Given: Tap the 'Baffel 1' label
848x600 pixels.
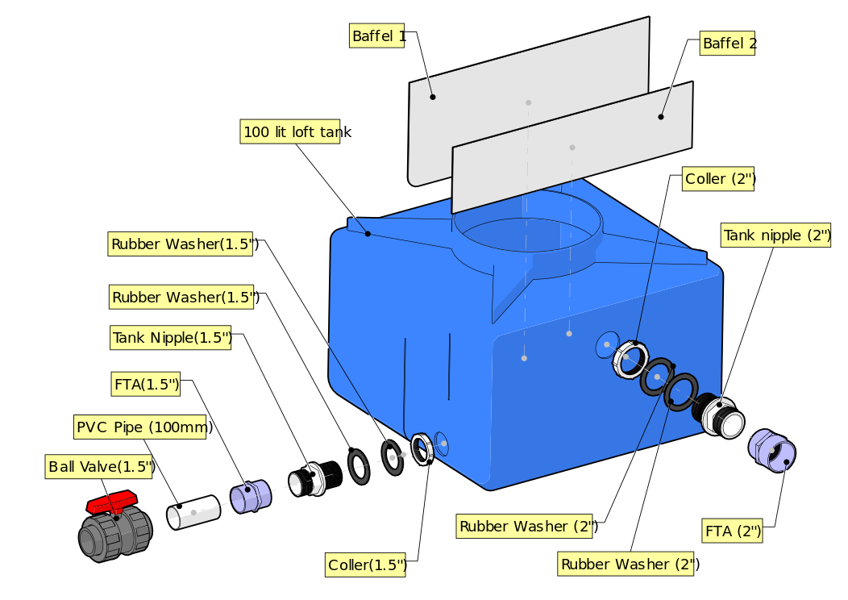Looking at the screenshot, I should click(378, 36).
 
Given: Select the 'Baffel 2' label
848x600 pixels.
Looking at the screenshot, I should click(729, 43).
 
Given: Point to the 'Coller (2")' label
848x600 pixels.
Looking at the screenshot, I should click(719, 179).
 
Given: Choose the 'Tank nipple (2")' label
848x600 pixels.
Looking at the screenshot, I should click(775, 235).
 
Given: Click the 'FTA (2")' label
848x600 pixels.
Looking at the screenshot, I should click(733, 531).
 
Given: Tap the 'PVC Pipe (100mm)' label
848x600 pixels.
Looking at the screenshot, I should click(143, 427).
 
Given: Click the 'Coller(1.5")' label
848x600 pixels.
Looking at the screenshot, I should click(367, 565).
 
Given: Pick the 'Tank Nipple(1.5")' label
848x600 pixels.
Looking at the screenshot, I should click(172, 338).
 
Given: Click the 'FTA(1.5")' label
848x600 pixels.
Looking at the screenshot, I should click(146, 385).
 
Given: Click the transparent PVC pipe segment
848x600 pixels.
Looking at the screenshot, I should click(193, 512).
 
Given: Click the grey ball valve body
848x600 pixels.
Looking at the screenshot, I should click(113, 534).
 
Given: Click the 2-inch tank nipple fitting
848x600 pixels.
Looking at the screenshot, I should click(719, 415).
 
